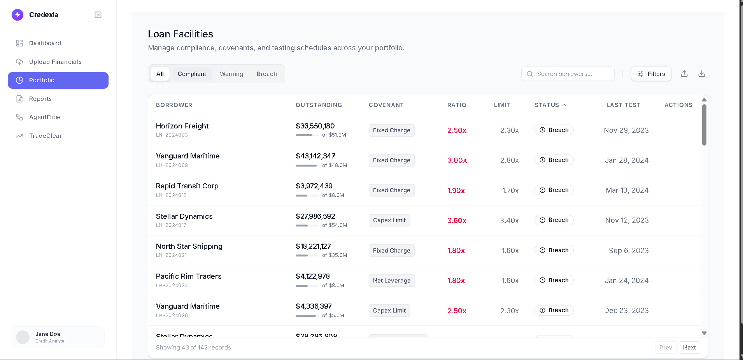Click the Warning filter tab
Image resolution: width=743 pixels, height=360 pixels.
point(231,74)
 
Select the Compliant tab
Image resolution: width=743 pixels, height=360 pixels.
point(192,74)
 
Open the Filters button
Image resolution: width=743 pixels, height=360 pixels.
point(651,74)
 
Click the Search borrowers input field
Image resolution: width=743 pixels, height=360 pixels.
point(568,74)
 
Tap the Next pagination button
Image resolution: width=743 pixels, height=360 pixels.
point(689,348)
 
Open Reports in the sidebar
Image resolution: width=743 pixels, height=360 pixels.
point(40,99)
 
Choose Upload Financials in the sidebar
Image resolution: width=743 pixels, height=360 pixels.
point(55,62)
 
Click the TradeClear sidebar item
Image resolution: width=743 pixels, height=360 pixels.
point(45,136)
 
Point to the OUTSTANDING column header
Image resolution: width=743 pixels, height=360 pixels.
point(319,105)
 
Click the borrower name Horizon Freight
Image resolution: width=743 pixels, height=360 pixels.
point(182,126)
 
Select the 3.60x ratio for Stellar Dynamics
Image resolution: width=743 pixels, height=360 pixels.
point(457,221)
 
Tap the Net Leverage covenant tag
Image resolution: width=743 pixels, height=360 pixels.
point(391,281)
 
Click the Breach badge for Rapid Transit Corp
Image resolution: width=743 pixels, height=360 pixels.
point(554,190)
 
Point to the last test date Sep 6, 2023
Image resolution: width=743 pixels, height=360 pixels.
point(628,251)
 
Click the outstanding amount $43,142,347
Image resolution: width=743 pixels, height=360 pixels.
point(315,156)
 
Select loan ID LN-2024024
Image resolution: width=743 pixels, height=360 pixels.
point(172,286)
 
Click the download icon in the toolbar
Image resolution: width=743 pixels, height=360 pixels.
point(701,74)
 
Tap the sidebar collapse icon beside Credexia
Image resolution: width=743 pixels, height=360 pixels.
point(98,15)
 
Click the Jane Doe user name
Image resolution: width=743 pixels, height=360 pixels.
point(48,334)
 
